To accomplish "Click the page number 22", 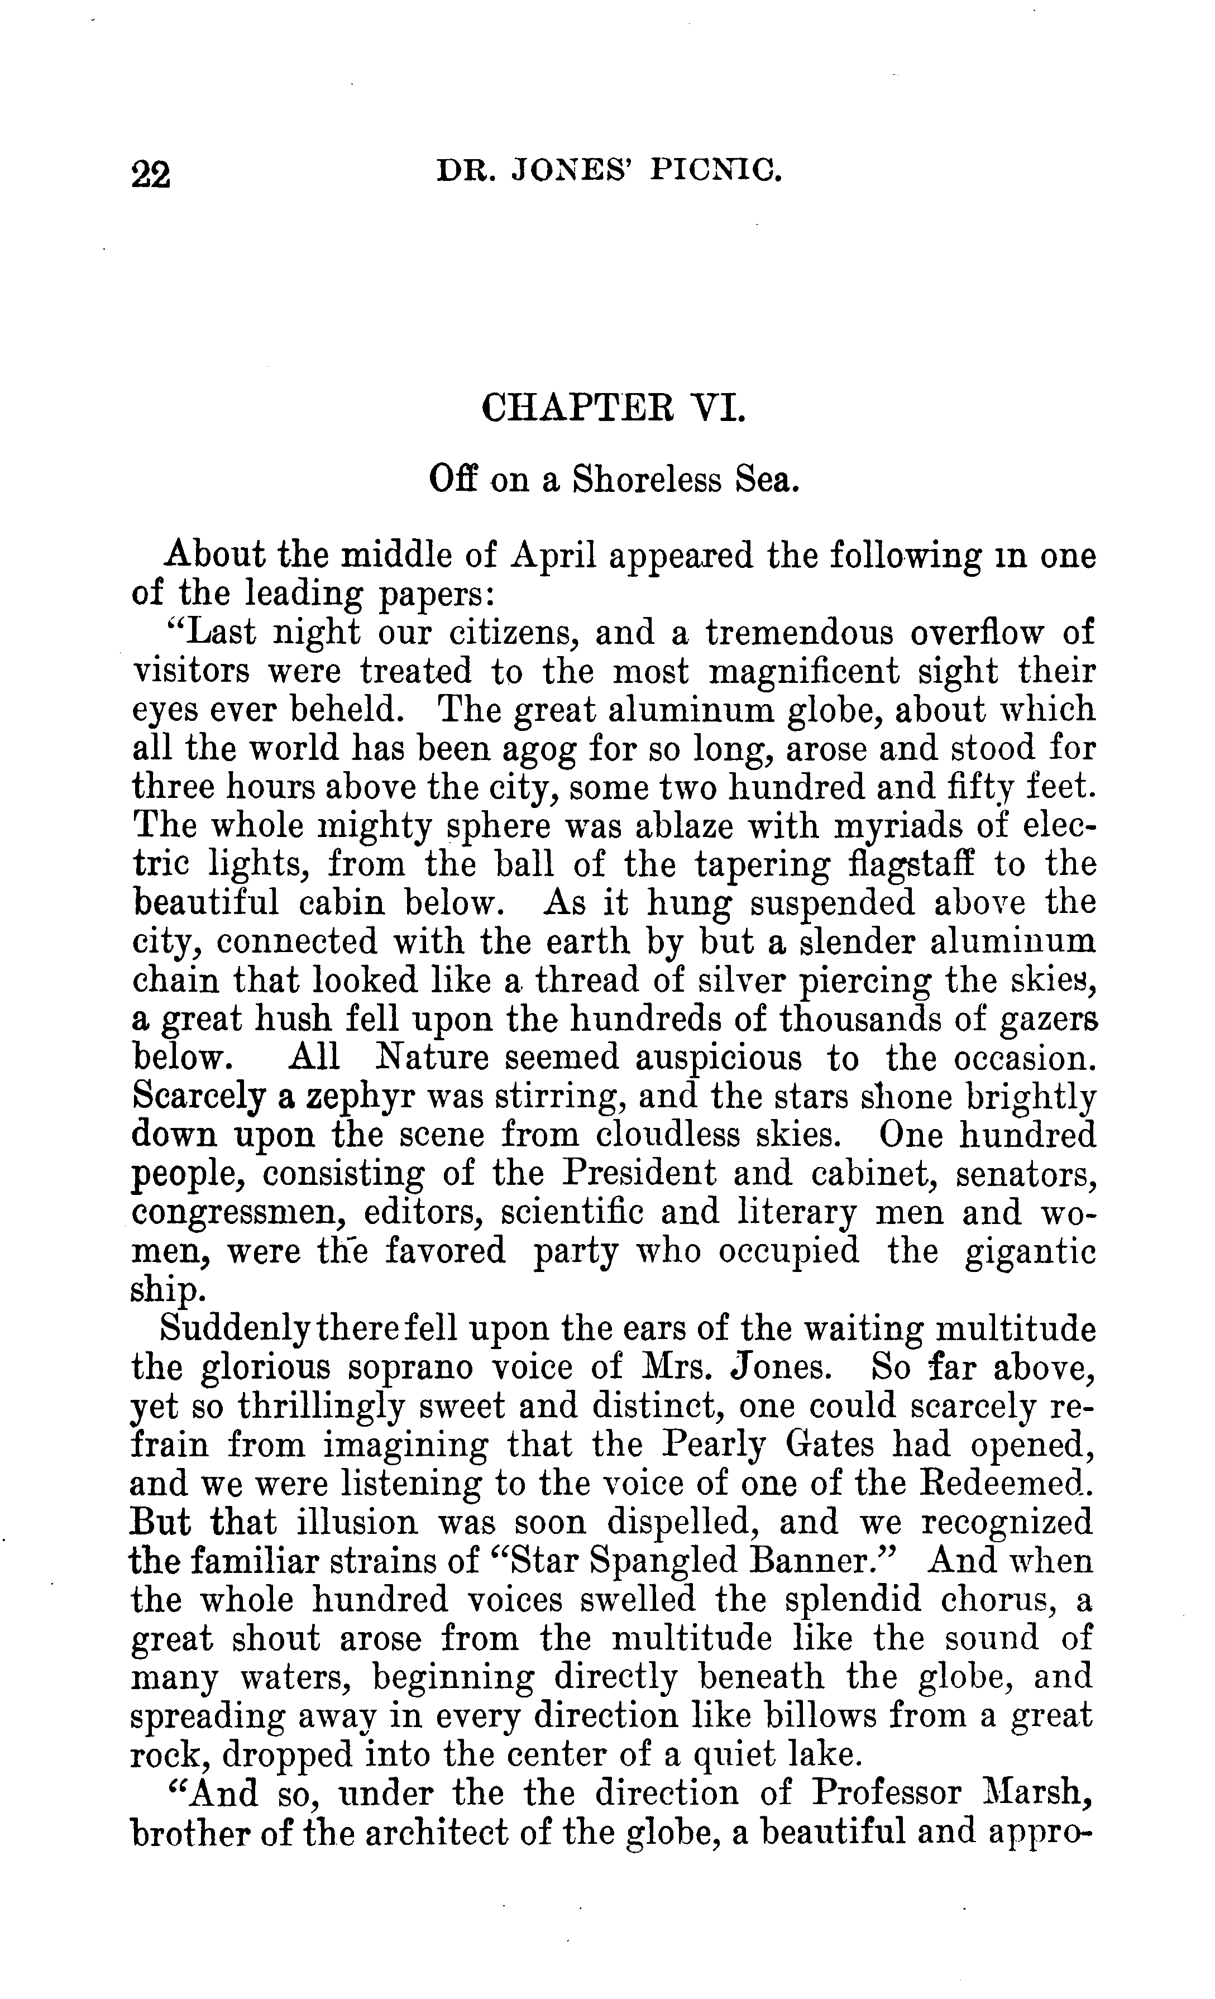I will [151, 173].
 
